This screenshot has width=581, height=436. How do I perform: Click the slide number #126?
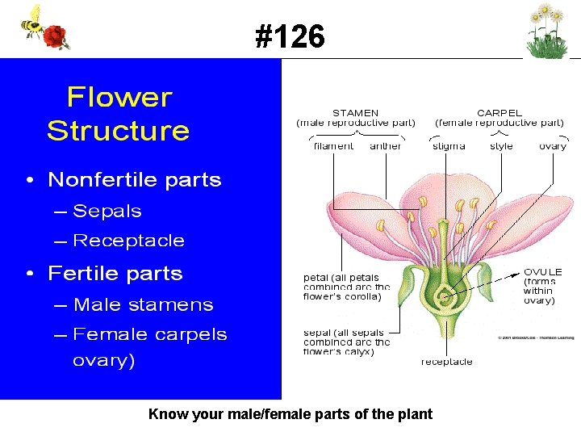(290, 36)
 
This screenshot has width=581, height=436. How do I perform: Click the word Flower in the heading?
(119, 98)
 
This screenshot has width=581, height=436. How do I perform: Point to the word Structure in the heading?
(119, 131)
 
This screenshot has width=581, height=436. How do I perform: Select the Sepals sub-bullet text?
(107, 212)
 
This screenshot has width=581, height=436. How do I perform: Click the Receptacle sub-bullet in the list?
(128, 241)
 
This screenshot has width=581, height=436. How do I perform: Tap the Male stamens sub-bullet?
(143, 305)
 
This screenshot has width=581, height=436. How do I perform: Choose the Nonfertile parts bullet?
(134, 180)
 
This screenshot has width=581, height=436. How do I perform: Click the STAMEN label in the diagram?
(355, 113)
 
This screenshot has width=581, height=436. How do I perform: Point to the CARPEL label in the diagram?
(499, 113)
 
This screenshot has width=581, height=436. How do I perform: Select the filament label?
(333, 146)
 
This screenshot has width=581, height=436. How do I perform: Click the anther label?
(386, 146)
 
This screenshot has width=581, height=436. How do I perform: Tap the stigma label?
(449, 146)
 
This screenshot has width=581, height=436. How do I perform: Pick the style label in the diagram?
(501, 146)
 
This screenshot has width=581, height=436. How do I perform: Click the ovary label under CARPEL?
(553, 146)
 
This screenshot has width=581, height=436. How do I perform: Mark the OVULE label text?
(542, 272)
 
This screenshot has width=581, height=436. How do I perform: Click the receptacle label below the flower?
(446, 362)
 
